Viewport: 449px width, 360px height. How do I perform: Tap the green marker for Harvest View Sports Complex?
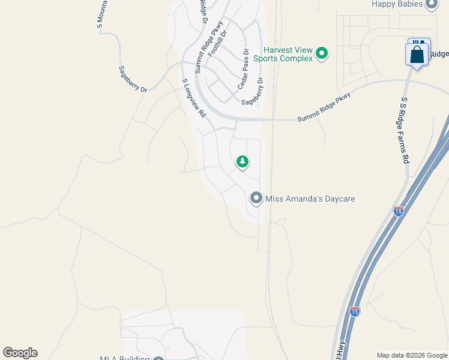(322, 54)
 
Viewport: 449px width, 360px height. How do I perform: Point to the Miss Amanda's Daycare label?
(307, 198)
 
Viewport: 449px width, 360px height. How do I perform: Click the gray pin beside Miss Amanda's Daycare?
(256, 198)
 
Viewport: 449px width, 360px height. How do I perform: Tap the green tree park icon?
(243, 161)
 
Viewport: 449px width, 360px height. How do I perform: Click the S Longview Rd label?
(194, 97)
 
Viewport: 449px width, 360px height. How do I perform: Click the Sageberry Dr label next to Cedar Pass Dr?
(253, 92)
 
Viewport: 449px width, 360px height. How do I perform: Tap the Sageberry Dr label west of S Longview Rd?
(133, 79)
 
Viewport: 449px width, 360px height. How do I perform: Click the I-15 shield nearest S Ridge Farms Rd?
(399, 211)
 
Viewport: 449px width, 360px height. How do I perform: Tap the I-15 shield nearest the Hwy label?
(355, 311)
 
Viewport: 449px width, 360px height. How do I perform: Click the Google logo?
(20, 353)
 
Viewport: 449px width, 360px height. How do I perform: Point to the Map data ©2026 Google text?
(412, 355)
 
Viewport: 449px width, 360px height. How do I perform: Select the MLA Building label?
(124, 358)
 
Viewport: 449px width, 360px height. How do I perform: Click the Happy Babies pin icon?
(431, 4)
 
